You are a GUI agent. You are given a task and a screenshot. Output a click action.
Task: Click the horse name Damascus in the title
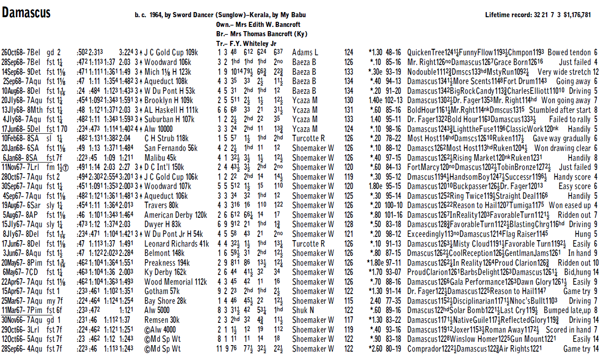26,13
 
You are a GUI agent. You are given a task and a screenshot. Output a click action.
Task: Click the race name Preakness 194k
166,263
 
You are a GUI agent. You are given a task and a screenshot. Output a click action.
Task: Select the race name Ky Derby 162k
165,273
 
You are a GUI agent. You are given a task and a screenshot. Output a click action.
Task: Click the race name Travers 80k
161,206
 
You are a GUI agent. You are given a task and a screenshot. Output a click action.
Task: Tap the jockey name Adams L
305,53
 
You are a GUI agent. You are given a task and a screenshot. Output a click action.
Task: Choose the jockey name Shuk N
303,311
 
